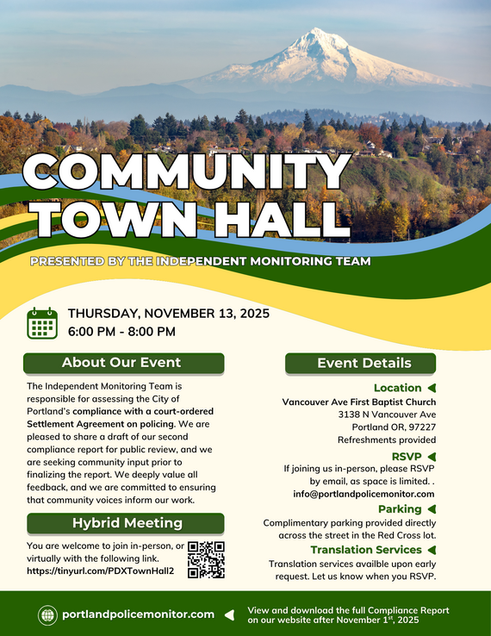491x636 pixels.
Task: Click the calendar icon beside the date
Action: (x=41, y=322)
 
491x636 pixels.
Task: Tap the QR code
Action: (x=206, y=559)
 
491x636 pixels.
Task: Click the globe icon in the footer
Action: (x=47, y=614)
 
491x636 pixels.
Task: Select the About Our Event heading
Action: (x=122, y=363)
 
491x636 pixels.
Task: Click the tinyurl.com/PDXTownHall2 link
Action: (x=101, y=571)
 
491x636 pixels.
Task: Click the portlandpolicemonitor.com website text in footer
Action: (x=138, y=614)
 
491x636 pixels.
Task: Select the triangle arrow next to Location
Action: (x=432, y=388)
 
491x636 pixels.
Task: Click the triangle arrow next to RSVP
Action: (x=432, y=456)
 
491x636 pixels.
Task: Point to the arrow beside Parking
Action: (x=432, y=509)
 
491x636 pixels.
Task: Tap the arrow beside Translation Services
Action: (x=432, y=550)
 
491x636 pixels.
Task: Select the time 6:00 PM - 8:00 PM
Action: (x=121, y=332)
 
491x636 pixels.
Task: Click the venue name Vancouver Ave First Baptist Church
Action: (x=359, y=402)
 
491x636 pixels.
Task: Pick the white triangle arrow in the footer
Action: (x=229, y=614)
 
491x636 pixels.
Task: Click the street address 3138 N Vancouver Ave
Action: (x=387, y=415)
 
